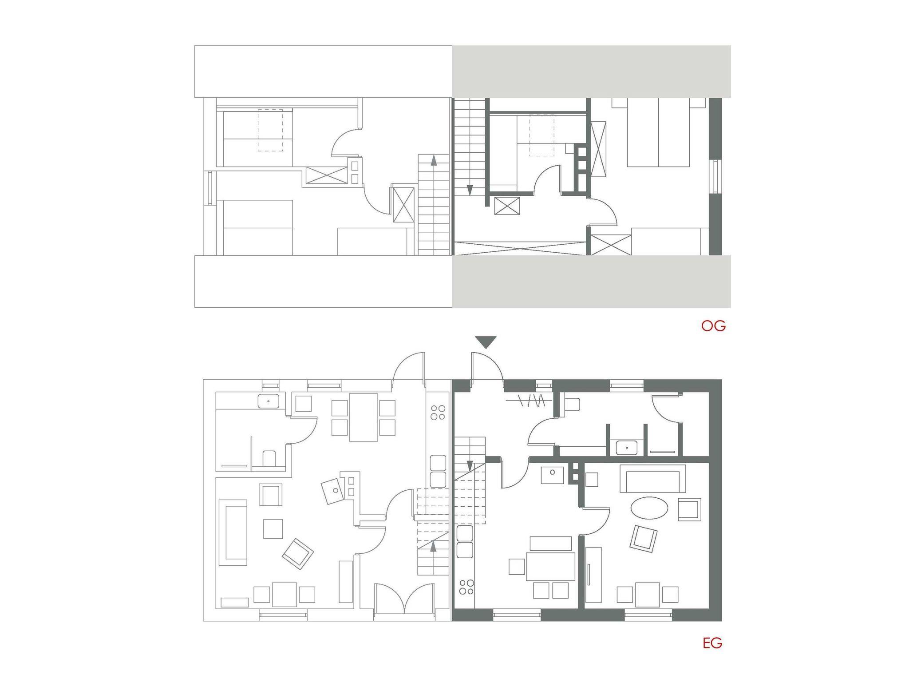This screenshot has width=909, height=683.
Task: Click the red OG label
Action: (x=713, y=326)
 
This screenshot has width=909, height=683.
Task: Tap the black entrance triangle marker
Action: (x=486, y=342)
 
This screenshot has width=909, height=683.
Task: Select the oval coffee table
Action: (x=649, y=508)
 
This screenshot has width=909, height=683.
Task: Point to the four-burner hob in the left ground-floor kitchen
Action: (x=438, y=413)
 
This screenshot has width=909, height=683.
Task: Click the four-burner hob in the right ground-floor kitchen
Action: (x=466, y=587)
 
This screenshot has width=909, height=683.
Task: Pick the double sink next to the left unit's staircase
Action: (x=438, y=471)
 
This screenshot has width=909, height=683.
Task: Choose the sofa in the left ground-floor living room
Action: (x=233, y=532)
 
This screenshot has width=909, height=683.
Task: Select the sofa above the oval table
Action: (x=652, y=479)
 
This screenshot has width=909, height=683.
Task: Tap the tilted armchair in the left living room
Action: (x=298, y=554)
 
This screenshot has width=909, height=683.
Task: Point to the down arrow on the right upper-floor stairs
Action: (x=470, y=190)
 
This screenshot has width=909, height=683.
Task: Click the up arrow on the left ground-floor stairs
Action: (x=433, y=546)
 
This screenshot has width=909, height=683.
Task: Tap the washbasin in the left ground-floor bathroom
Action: (x=269, y=401)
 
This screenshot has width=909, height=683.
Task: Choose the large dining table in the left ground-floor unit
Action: (x=364, y=417)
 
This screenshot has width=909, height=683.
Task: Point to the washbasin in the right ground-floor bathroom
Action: (x=627, y=448)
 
